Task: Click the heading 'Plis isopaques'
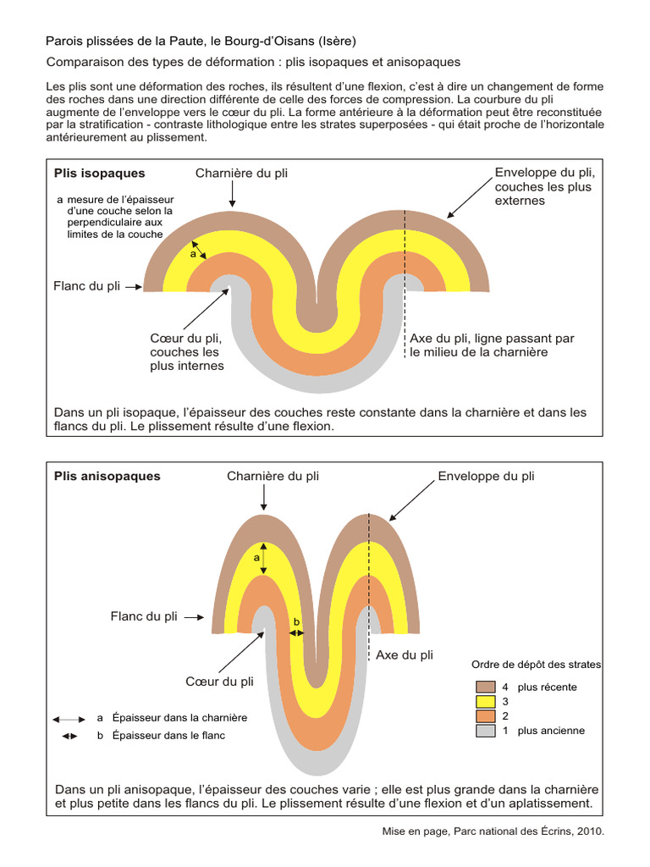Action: coord(99,174)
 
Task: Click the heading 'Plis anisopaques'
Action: coord(107,476)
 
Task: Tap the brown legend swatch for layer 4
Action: coord(486,687)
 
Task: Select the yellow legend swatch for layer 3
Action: coord(486,701)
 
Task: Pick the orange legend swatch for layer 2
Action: coord(486,716)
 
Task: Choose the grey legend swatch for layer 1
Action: coord(486,731)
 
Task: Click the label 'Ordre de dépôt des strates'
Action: coord(536,665)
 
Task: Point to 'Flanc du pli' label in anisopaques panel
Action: coord(144,616)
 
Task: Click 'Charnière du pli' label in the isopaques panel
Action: coord(241,174)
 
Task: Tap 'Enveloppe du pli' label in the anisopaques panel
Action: coord(486,476)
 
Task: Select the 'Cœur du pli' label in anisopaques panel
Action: coord(219,682)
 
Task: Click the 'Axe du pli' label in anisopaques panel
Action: coord(405,654)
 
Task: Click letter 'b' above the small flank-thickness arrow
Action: coord(296,622)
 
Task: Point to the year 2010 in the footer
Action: coord(590,831)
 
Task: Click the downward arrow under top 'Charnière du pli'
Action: coord(233,197)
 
